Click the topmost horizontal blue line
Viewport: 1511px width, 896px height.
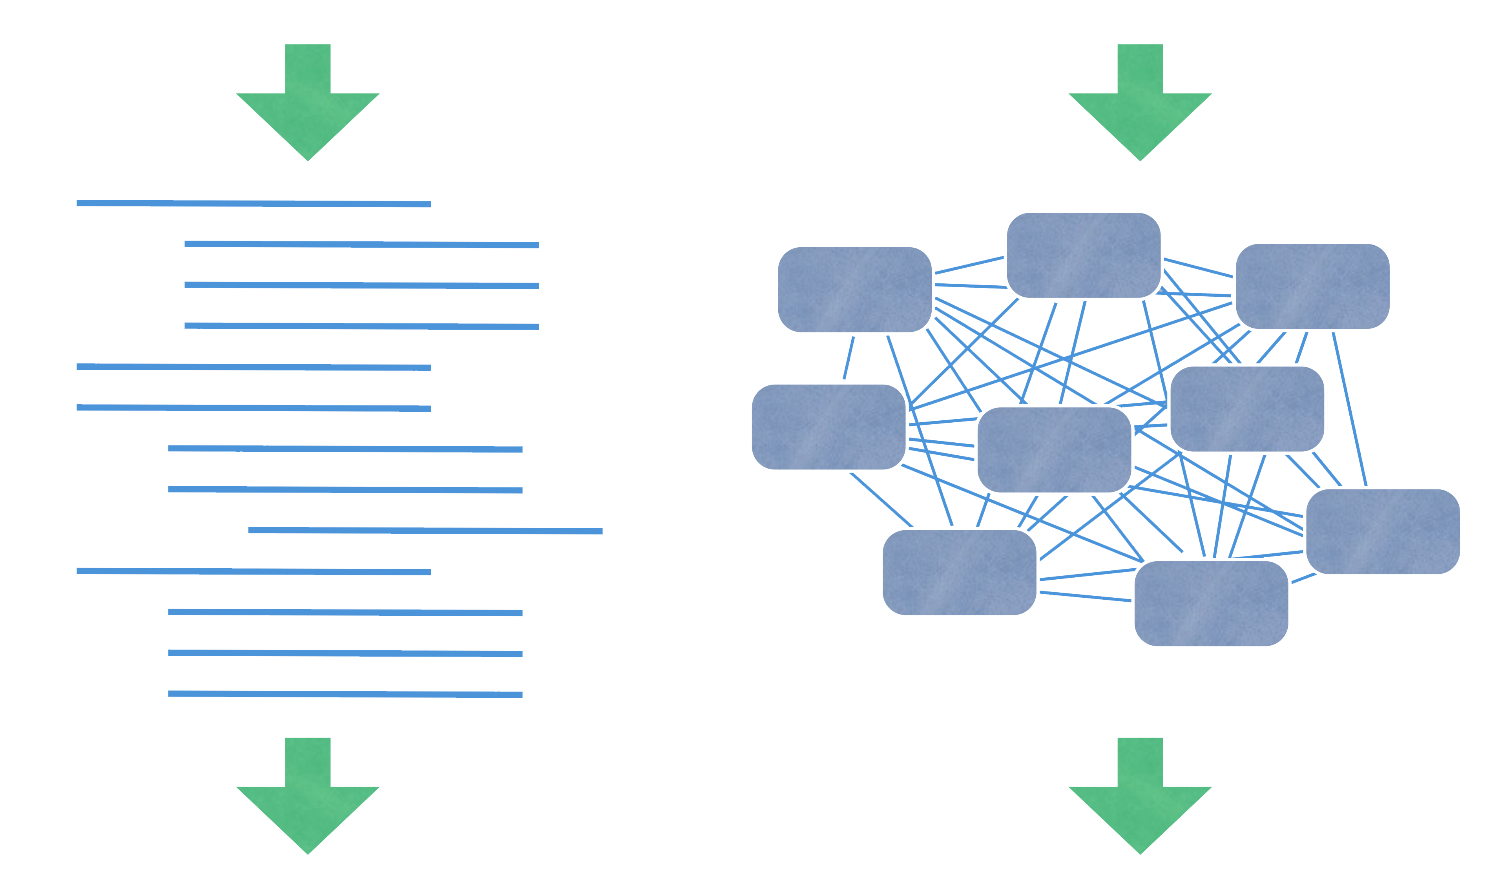[x=254, y=203]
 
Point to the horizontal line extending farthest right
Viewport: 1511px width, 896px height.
[x=425, y=531]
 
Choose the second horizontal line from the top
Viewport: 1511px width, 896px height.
[x=361, y=245]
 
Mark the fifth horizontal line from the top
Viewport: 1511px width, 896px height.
[x=254, y=367]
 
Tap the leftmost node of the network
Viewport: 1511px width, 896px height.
[x=828, y=427]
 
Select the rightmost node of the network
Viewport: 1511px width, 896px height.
[x=1382, y=531]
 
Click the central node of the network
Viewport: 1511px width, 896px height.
[x=1053, y=450]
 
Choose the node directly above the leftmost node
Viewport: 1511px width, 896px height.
[x=854, y=289]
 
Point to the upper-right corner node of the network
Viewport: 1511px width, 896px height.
[x=1312, y=286]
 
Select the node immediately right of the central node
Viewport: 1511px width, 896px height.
[x=1246, y=409]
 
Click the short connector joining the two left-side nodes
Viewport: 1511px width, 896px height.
[x=848, y=358]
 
